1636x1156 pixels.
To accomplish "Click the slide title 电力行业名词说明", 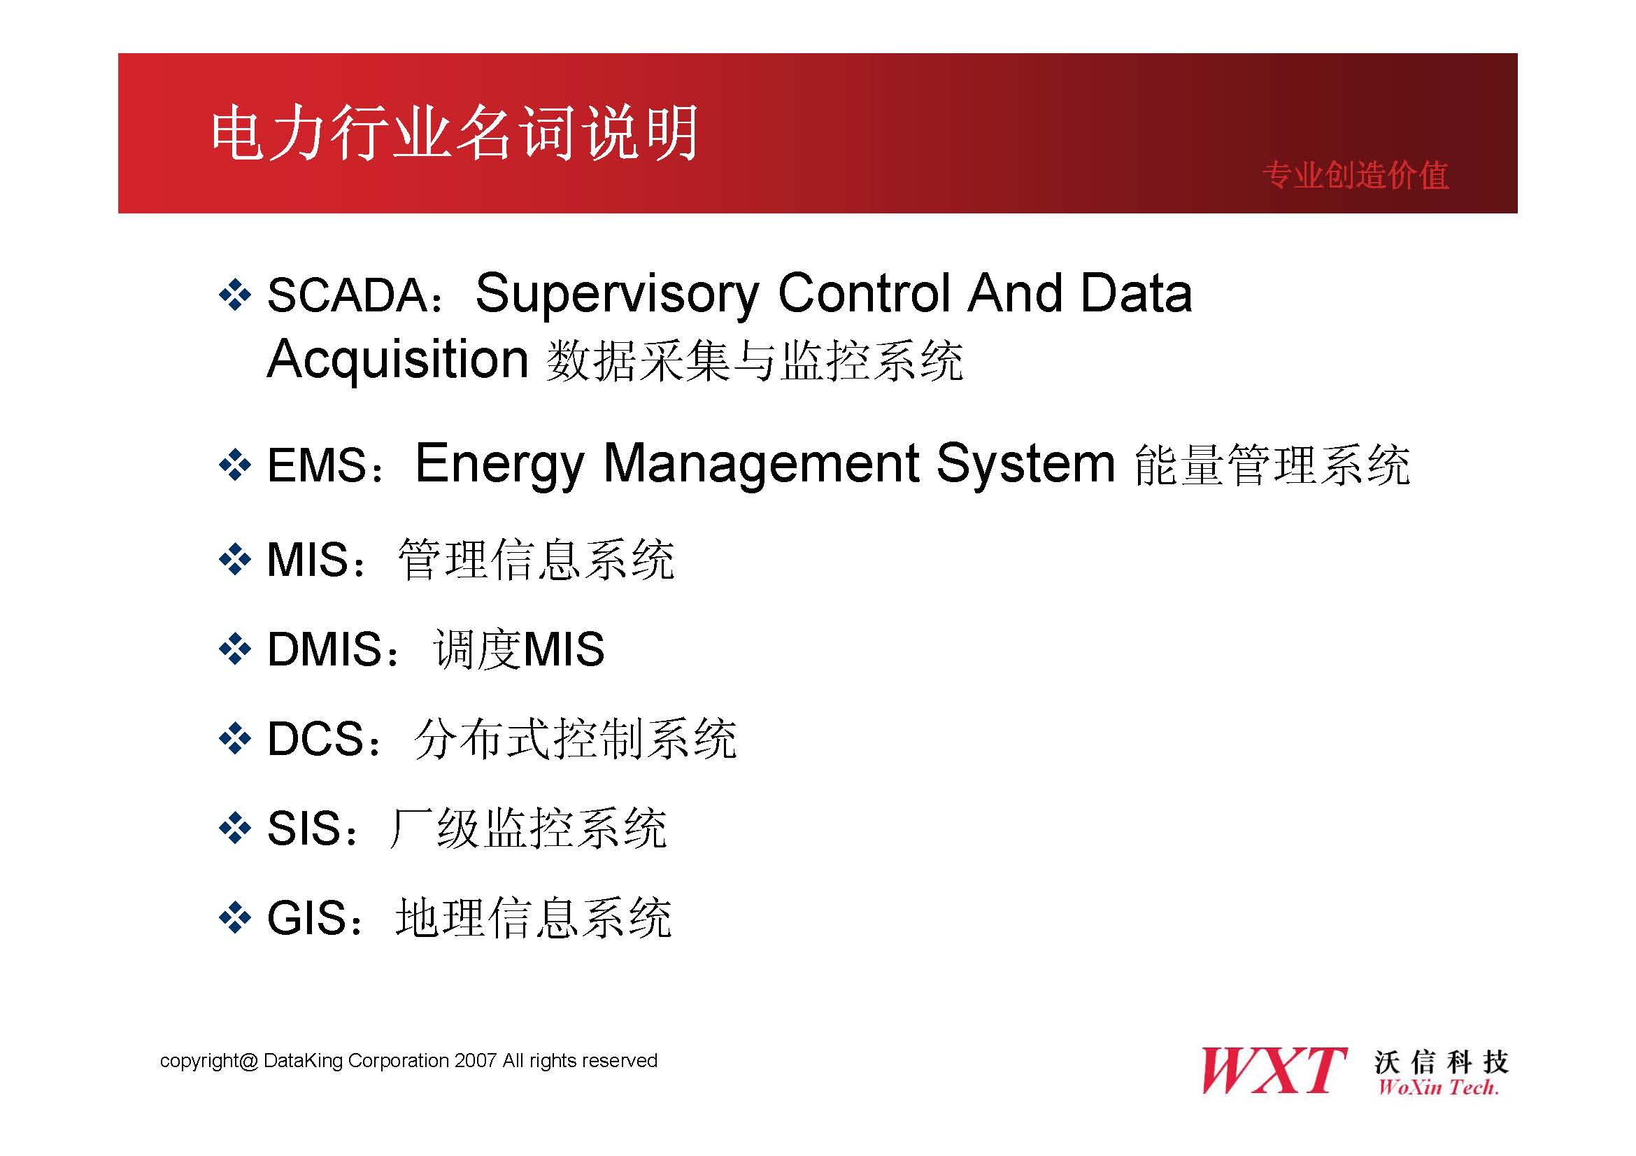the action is coord(455,132).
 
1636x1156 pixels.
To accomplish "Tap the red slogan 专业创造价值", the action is coord(1356,176).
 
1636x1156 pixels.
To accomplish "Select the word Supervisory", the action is coord(617,296).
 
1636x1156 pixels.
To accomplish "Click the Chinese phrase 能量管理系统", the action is coord(1272,465).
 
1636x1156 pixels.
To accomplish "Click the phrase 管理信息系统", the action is coord(536,560).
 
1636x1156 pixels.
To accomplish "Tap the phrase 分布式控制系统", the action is coord(575,739).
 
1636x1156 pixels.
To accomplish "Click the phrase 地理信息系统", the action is coord(534,919).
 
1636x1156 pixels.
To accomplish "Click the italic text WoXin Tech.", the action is coord(1438,1087).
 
